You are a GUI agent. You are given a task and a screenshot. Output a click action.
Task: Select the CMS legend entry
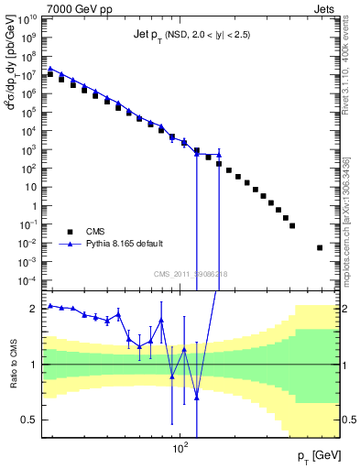click(83, 232)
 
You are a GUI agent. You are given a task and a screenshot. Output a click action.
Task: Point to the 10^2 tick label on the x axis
click(180, 449)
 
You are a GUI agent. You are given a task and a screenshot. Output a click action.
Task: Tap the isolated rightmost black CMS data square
click(320, 247)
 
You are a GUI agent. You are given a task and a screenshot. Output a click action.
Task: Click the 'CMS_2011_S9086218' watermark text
click(191, 275)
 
